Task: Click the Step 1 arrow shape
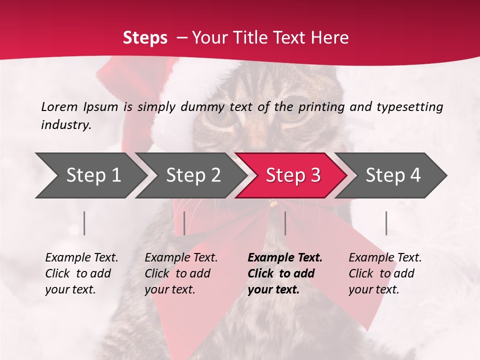tap(90, 175)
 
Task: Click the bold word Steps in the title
tap(145, 37)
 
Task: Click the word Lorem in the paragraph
tap(59, 106)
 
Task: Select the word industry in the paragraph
tap(65, 125)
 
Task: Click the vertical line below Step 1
tap(84, 223)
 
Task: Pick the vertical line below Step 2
tap(184, 223)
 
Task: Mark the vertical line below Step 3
tap(285, 223)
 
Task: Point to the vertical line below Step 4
tap(386, 223)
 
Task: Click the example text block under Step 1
tap(81, 273)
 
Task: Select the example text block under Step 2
tap(181, 273)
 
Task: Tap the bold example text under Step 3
tap(284, 273)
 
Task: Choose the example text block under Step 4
tap(385, 273)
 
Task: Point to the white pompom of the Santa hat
tap(172, 127)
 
